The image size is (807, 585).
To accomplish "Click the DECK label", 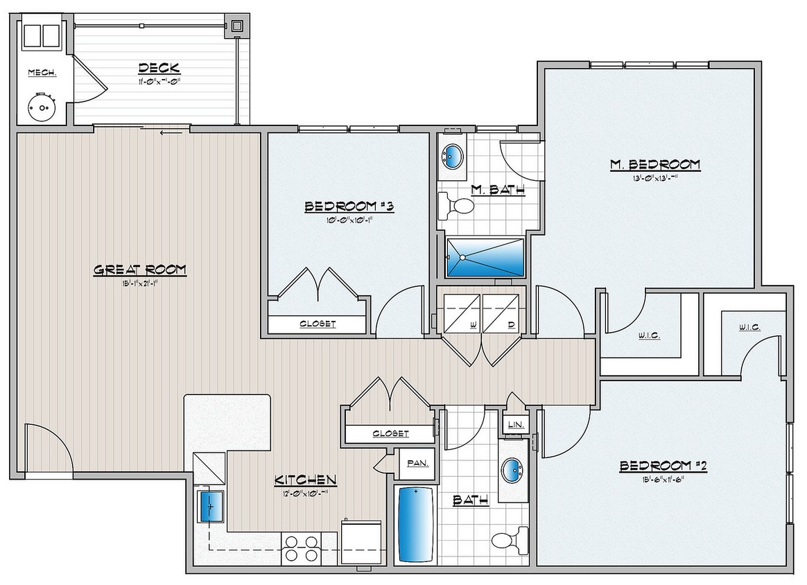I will pyautogui.click(x=159, y=68).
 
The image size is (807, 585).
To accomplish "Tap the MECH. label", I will pyautogui.click(x=42, y=73).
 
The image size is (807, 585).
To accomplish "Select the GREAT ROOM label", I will pyautogui.click(x=140, y=270).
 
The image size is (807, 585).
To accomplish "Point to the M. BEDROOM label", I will pyautogui.click(x=654, y=164).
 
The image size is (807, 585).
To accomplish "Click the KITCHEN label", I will pyautogui.click(x=306, y=480).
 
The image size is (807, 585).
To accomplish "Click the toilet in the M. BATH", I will pyautogui.click(x=458, y=205).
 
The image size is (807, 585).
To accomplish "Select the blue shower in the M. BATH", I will pyautogui.click(x=485, y=257).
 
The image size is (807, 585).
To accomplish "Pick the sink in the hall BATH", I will pyautogui.click(x=514, y=472).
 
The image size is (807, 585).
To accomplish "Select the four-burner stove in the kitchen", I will pyautogui.click(x=302, y=549).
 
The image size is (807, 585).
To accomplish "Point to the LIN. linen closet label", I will pyautogui.click(x=514, y=424).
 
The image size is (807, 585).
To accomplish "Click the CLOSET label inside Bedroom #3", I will pyautogui.click(x=318, y=324).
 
